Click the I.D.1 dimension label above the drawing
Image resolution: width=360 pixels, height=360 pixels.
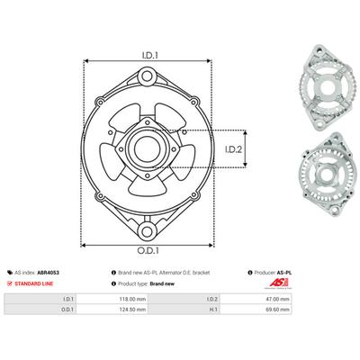(150, 56)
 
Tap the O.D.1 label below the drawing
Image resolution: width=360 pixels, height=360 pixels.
(148, 251)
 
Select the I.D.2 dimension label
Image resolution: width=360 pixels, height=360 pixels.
(233, 149)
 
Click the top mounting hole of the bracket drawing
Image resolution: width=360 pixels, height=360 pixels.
(147, 76)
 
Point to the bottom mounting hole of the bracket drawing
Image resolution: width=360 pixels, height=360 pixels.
(148, 232)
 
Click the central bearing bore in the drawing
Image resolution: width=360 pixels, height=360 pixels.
(147, 148)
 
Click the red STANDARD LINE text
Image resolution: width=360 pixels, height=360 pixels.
(34, 283)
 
